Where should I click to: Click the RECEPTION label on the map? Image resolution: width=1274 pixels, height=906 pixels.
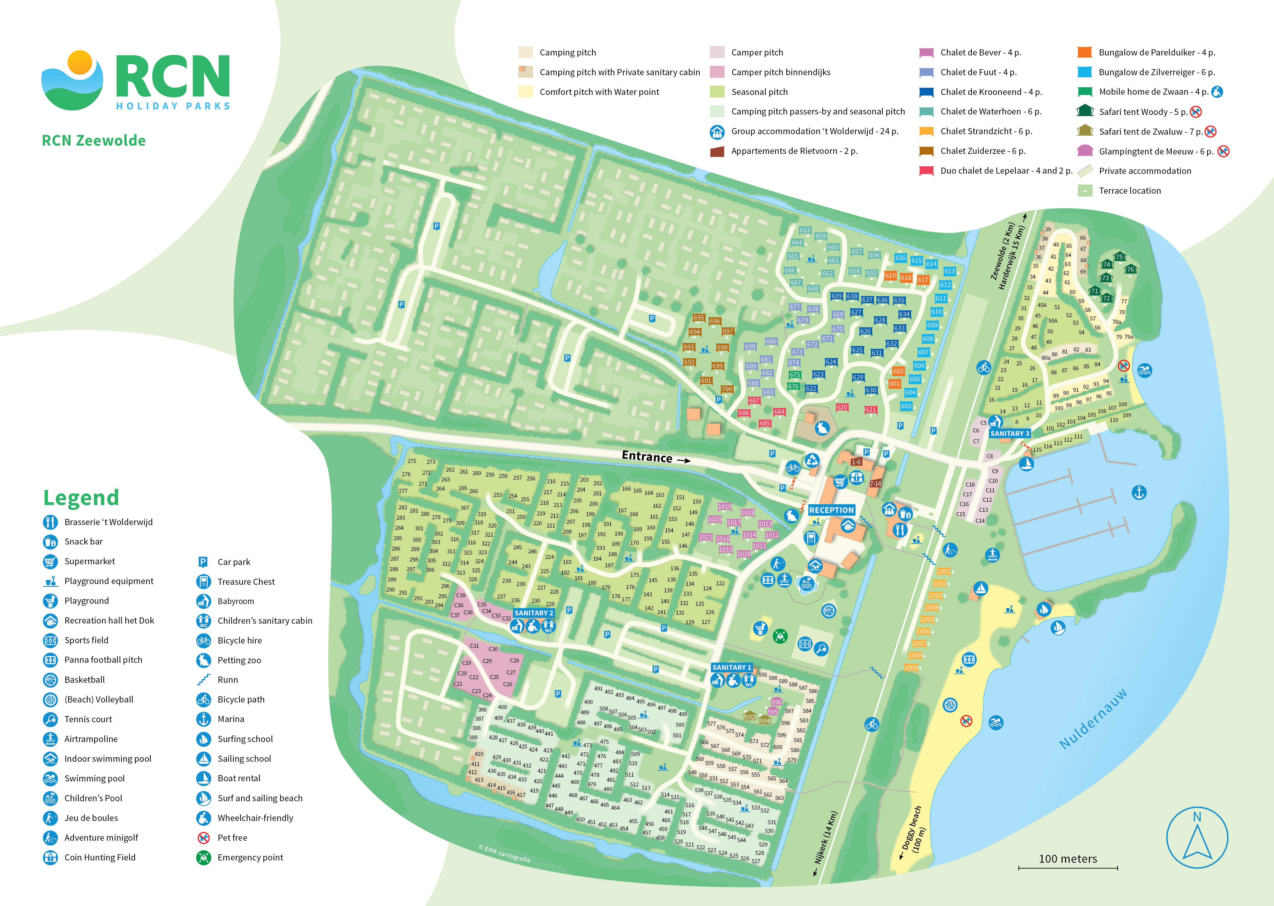[831, 510]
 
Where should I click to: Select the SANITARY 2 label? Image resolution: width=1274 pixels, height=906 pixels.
[534, 613]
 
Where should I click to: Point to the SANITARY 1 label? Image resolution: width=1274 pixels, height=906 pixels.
[731, 667]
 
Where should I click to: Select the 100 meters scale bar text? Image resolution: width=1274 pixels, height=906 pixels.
[1068, 859]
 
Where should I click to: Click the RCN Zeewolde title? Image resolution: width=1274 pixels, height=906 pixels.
[94, 140]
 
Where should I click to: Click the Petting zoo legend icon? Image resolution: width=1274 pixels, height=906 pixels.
[204, 660]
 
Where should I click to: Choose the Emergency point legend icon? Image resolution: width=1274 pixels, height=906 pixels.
[204, 857]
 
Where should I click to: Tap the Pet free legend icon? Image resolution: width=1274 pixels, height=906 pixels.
[204, 837]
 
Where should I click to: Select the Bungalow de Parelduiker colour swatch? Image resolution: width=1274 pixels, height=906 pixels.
[1084, 52]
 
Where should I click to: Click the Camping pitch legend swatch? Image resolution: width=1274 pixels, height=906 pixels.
[525, 52]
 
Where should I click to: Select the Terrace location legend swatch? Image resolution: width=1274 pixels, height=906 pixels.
[1084, 191]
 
